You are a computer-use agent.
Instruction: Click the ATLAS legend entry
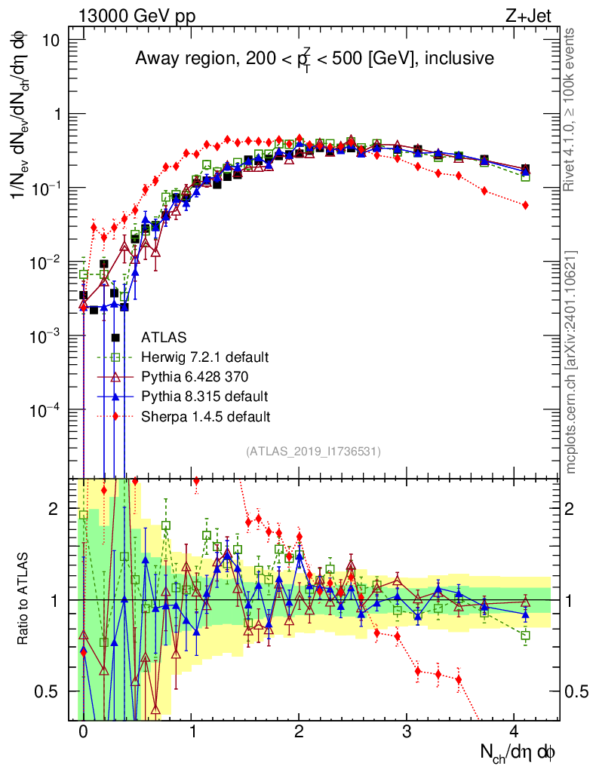(x=165, y=337)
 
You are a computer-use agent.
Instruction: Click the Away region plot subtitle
(x=314, y=58)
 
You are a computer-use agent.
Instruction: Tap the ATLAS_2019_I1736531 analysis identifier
(x=313, y=452)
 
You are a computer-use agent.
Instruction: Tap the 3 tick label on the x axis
(x=407, y=732)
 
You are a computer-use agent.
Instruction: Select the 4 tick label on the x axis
(x=515, y=732)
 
